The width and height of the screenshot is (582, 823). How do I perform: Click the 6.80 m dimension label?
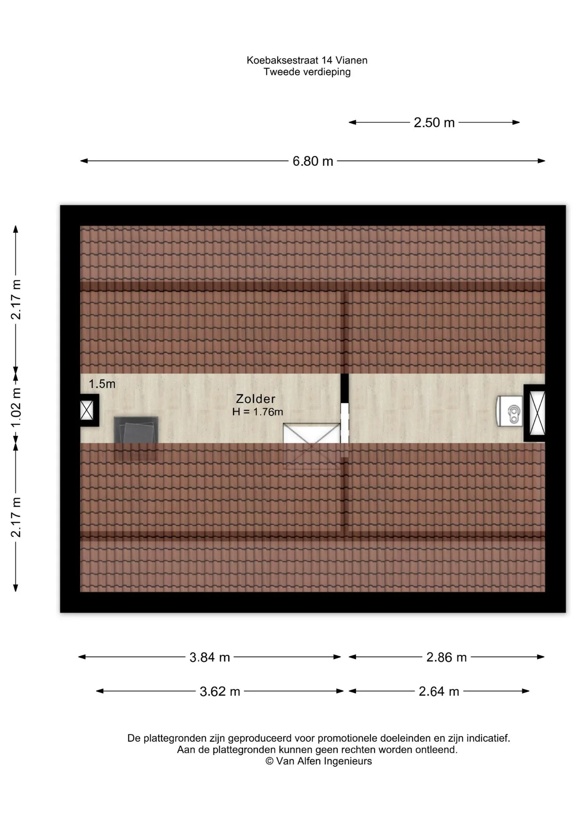tap(313, 161)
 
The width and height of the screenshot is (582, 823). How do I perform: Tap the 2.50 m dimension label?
tap(434, 123)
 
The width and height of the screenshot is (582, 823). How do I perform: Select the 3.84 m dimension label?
tap(210, 657)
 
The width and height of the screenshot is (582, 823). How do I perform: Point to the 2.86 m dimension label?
tap(446, 657)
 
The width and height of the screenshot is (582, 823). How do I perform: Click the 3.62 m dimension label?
tap(220, 691)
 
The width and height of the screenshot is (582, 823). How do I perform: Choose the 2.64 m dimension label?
tap(439, 691)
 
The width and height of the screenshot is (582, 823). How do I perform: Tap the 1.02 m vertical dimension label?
tap(16, 407)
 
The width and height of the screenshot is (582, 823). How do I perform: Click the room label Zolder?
tap(255, 399)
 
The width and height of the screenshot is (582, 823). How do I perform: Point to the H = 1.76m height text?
tap(258, 412)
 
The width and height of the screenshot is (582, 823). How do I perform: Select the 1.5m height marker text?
tap(102, 384)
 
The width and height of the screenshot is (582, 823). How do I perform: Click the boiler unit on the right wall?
tap(510, 411)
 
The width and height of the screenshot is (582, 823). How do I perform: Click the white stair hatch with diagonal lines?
tap(312, 433)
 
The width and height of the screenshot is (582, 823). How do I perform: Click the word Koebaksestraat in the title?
tap(283, 60)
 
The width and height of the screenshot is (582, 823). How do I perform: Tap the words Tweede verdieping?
tap(307, 72)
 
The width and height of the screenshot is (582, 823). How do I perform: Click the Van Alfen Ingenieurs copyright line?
tap(318, 761)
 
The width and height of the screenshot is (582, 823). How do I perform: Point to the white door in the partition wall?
tap(345, 423)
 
